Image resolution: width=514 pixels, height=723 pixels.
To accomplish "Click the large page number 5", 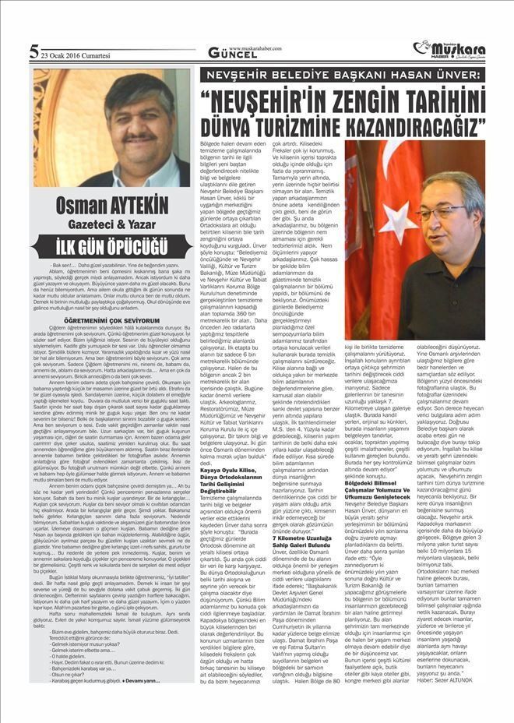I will pos(33,53).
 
